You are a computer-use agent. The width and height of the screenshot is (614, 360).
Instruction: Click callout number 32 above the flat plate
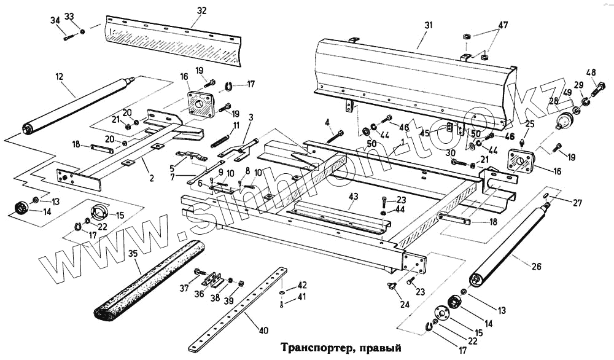(202, 10)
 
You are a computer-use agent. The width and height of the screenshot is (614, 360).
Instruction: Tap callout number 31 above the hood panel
(428, 25)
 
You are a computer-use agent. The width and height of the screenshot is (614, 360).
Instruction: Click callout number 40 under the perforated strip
(263, 331)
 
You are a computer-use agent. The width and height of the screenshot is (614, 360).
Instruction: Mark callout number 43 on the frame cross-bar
(352, 197)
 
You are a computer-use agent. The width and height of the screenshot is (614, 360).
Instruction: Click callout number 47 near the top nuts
(503, 25)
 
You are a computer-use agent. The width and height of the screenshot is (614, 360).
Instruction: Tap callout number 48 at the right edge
(591, 71)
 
